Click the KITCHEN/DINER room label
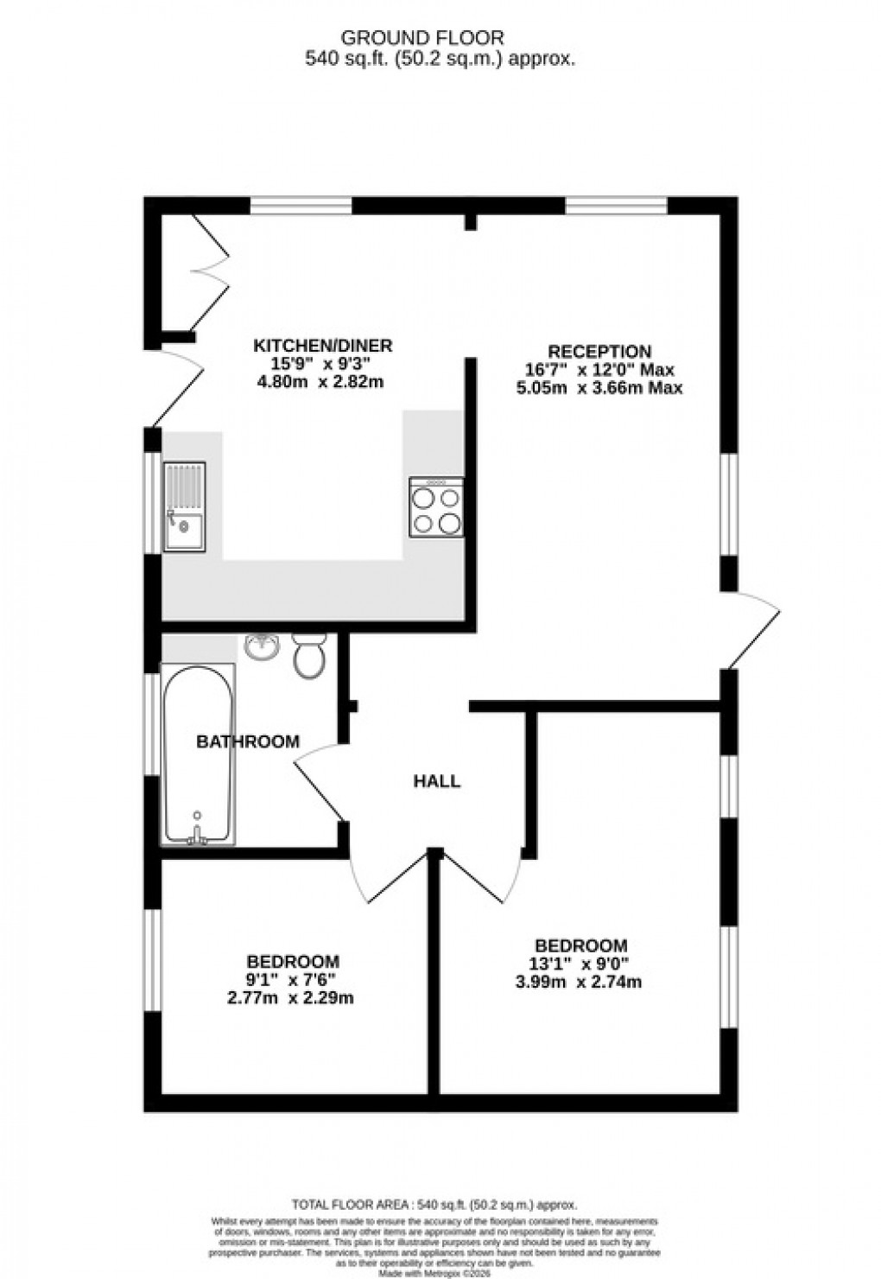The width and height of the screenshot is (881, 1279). (x=322, y=346)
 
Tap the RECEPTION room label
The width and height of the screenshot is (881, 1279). (x=599, y=352)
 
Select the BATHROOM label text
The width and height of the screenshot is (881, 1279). (x=248, y=741)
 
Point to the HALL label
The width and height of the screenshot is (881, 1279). (x=437, y=781)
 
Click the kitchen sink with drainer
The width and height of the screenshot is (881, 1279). (x=184, y=507)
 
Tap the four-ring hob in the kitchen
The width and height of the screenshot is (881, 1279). (x=435, y=507)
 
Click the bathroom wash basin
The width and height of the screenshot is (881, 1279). (x=261, y=646)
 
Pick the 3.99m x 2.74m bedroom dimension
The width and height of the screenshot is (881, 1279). (x=580, y=982)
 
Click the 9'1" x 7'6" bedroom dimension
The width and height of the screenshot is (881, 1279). (x=293, y=979)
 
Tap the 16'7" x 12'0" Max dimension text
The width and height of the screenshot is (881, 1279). (x=599, y=370)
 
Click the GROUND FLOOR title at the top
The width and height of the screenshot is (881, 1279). (x=422, y=37)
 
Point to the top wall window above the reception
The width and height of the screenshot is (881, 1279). (x=616, y=206)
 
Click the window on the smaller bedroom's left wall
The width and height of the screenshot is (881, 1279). (x=153, y=959)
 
